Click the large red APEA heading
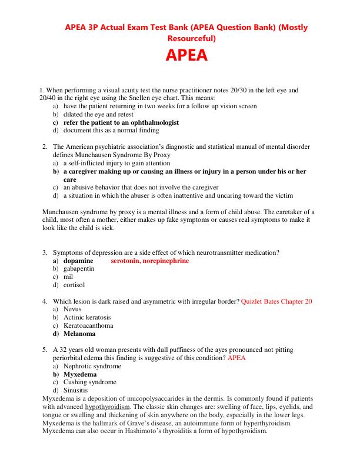(x=185, y=57)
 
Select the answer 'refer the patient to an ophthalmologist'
(x=121, y=122)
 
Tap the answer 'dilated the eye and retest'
(x=102, y=114)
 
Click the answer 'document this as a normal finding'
(x=111, y=131)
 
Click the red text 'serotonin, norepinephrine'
(x=150, y=260)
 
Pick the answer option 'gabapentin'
(x=80, y=268)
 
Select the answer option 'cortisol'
(x=75, y=285)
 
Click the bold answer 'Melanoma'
(x=79, y=334)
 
